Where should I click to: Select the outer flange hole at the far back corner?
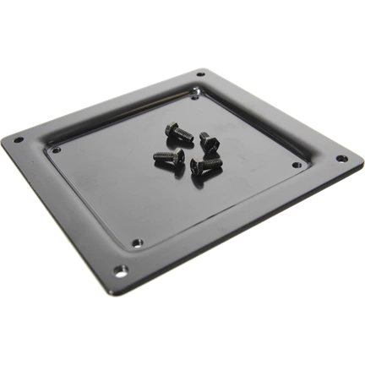[200, 76]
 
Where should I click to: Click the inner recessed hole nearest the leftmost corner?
[56, 150]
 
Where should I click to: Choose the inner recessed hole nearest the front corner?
[138, 242]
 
